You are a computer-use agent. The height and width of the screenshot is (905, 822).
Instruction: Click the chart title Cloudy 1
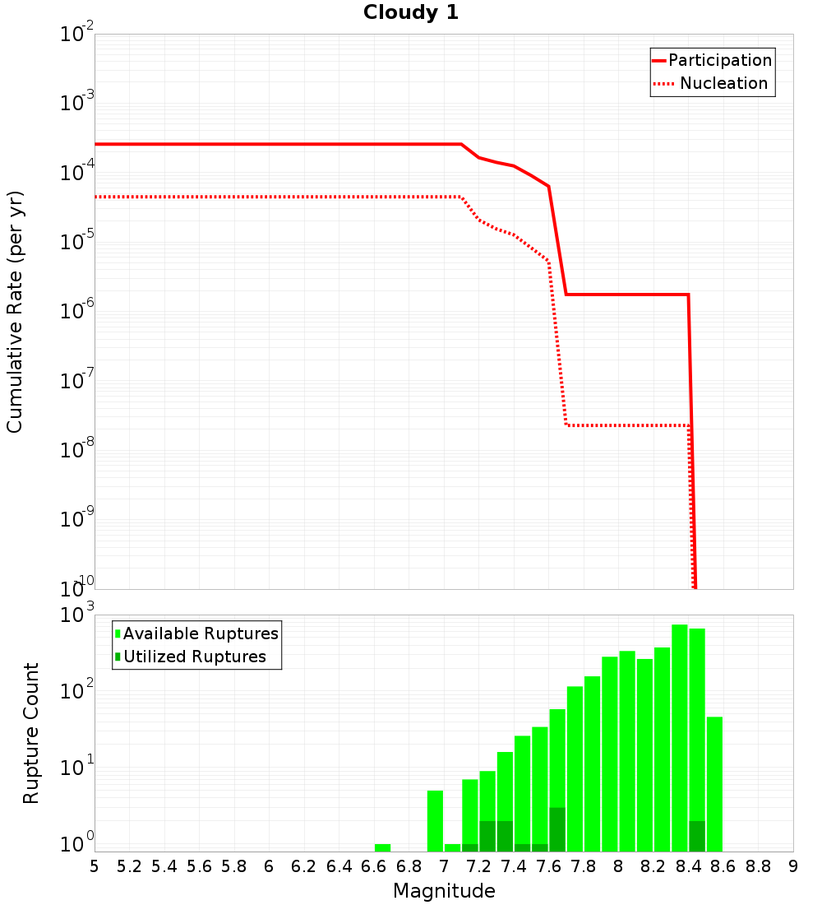point(411,12)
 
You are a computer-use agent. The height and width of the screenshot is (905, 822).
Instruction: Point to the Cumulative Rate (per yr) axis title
point(15,311)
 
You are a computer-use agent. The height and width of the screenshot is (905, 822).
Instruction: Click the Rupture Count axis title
point(31,732)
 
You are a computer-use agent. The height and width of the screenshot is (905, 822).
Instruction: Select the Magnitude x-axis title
point(444,890)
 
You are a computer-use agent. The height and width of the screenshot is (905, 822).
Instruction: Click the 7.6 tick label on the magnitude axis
point(548,866)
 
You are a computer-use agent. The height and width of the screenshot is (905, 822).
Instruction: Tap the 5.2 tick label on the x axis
point(129,866)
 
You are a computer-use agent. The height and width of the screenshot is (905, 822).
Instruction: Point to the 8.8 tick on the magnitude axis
point(758,866)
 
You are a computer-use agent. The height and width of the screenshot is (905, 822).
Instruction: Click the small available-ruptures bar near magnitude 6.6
point(382,847)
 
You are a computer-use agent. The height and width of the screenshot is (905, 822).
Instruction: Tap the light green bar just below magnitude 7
point(435,820)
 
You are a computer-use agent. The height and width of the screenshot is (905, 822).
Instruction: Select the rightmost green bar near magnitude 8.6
point(714,783)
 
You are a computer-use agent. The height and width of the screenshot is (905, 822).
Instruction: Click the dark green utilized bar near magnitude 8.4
point(697,836)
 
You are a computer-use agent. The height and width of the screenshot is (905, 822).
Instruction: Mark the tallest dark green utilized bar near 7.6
point(557,829)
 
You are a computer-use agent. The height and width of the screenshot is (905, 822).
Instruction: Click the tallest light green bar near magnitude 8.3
point(679,737)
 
